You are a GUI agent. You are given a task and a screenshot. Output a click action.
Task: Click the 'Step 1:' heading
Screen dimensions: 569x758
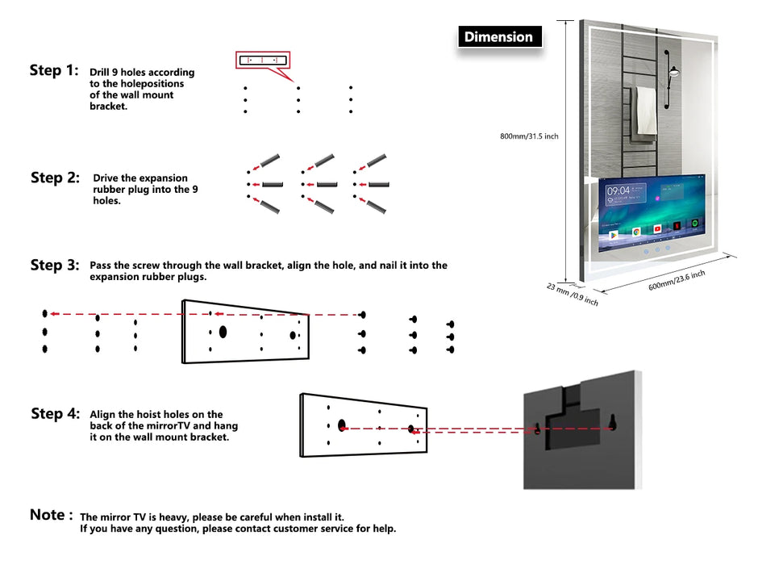pyautogui.click(x=54, y=70)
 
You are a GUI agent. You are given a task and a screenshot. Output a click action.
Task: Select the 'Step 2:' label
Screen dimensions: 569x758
pyautogui.click(x=55, y=178)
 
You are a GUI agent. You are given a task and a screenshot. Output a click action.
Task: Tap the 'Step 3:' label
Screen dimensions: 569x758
pyautogui.click(x=55, y=266)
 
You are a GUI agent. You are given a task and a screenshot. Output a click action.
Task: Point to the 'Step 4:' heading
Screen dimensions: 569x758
pyautogui.click(x=55, y=414)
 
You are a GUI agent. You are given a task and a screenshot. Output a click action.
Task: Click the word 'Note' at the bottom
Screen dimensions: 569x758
pyautogui.click(x=47, y=515)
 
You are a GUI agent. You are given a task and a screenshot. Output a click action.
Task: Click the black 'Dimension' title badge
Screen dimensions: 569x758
pyautogui.click(x=498, y=37)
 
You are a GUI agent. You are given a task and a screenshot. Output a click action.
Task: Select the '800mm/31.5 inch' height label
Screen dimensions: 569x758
pyautogui.click(x=529, y=136)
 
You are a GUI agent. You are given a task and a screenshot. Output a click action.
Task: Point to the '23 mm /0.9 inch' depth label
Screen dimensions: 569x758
pyautogui.click(x=572, y=294)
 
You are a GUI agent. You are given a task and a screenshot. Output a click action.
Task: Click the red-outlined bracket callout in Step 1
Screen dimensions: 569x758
pyautogui.click(x=262, y=60)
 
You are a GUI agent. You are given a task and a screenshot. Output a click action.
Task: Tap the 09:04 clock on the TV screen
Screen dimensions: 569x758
pyautogui.click(x=618, y=190)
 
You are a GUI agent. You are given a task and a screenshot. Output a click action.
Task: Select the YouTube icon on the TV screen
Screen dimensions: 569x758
pyautogui.click(x=657, y=230)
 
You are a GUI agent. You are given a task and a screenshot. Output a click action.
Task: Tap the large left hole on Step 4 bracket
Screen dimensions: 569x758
pyautogui.click(x=342, y=425)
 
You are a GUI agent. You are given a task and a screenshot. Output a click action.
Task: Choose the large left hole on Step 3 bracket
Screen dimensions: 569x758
pyautogui.click(x=223, y=331)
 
